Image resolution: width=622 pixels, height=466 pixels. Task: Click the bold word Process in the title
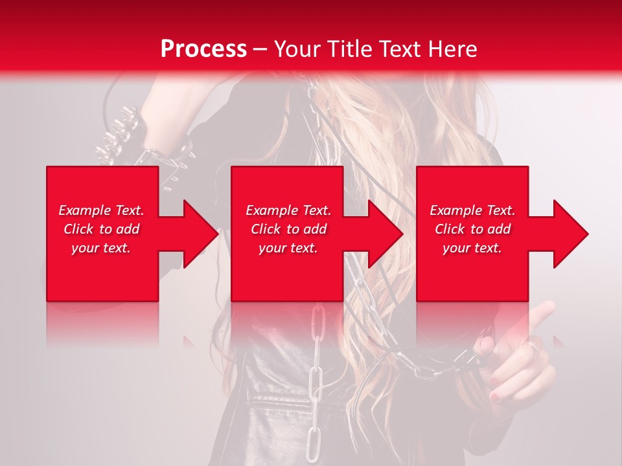click(x=203, y=49)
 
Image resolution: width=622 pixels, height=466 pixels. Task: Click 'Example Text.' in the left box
click(x=101, y=210)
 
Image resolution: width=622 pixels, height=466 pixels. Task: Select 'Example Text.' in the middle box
click(x=288, y=210)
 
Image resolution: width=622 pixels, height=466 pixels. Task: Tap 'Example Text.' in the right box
click(x=472, y=210)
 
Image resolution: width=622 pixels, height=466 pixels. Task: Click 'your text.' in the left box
click(x=101, y=248)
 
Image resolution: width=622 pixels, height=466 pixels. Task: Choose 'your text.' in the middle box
click(x=288, y=248)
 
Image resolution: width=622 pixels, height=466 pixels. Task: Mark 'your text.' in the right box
click(x=472, y=248)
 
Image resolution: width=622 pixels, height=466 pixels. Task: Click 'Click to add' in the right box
click(x=472, y=229)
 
